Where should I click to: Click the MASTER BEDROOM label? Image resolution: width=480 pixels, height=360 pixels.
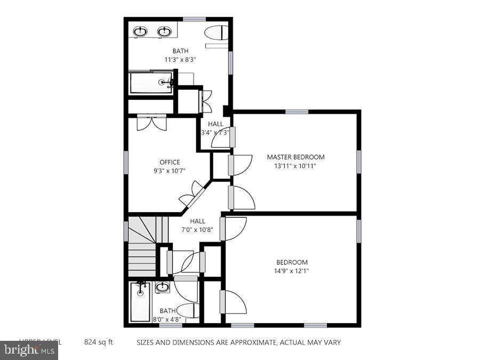(x=295, y=157)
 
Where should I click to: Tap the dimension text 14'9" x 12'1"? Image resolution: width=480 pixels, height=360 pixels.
(x=292, y=271)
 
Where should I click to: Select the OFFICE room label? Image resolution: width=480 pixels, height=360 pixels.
(x=170, y=162)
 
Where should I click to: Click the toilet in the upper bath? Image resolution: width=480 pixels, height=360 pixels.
(x=216, y=33)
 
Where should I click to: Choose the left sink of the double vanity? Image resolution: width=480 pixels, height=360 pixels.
(x=141, y=32)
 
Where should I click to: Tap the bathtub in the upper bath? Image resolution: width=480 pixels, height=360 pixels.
(x=151, y=83)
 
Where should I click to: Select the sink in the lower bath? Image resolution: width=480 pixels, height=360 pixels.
(x=163, y=288)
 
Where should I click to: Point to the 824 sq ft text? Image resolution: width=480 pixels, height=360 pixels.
(x=99, y=342)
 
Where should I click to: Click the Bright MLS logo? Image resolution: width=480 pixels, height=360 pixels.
(x=29, y=350)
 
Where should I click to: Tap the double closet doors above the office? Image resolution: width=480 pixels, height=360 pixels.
(x=151, y=122)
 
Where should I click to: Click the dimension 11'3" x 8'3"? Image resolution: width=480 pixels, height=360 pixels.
(x=180, y=60)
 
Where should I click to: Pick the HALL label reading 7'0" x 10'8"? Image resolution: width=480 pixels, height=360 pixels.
(x=197, y=230)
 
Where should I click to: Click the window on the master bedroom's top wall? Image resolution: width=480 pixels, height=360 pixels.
(x=297, y=111)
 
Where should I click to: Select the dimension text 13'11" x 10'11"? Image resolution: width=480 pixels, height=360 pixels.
(x=295, y=166)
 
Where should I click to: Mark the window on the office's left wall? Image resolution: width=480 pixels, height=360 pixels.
(x=126, y=162)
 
